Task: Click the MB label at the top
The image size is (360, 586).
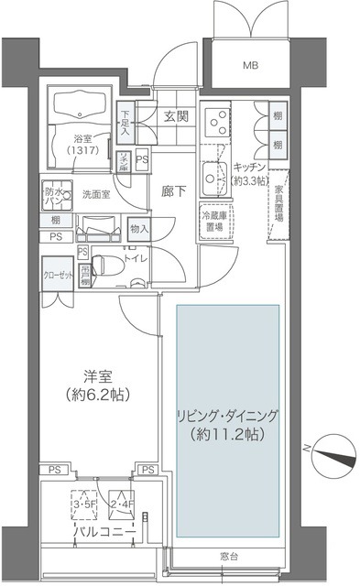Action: [249, 65]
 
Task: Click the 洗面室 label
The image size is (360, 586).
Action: [96, 194]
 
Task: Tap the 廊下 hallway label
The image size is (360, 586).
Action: [173, 193]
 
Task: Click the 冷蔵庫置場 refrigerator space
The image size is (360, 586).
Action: [213, 220]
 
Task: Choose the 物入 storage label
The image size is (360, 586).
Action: [138, 228]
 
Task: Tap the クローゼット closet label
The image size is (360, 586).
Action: [55, 273]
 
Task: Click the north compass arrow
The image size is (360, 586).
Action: [329, 448]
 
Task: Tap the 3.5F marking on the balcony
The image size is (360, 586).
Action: [84, 502]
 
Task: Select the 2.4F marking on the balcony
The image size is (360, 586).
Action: [122, 502]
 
